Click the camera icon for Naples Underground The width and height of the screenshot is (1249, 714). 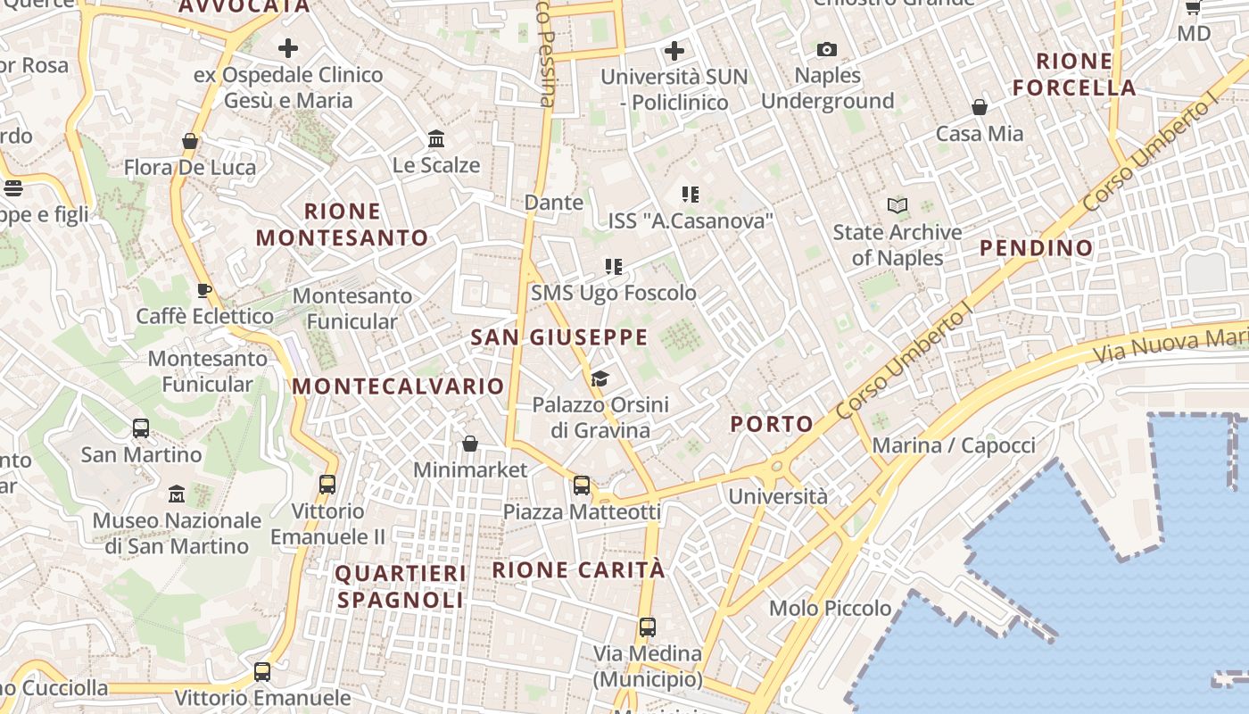pos(827,49)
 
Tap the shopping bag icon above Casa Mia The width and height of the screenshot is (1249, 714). pos(980,107)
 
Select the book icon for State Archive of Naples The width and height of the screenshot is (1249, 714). pos(897,206)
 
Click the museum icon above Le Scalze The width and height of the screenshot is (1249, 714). pos(436,138)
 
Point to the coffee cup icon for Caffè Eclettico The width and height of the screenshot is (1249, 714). pos(204,290)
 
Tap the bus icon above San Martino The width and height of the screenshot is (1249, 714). pos(141,428)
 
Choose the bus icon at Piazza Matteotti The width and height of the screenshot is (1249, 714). pos(582,486)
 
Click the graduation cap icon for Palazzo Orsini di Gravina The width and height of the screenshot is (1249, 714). pos(600,379)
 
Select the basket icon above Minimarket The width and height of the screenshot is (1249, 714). pos(470,444)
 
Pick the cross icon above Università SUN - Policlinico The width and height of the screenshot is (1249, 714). pos(674,50)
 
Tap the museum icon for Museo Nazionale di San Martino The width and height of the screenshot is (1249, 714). pos(177,494)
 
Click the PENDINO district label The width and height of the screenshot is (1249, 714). pos(1037,248)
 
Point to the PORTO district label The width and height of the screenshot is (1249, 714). pos(772,424)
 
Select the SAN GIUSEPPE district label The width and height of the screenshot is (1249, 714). pos(559,337)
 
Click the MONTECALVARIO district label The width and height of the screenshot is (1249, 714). pos(398,386)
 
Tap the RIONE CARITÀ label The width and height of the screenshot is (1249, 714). pos(579,569)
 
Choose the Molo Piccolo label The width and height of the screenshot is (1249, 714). pos(830,609)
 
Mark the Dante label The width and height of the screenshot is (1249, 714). pos(553,203)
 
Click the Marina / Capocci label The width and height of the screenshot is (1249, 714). pos(954,445)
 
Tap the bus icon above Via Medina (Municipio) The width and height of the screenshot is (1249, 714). pos(648,627)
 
